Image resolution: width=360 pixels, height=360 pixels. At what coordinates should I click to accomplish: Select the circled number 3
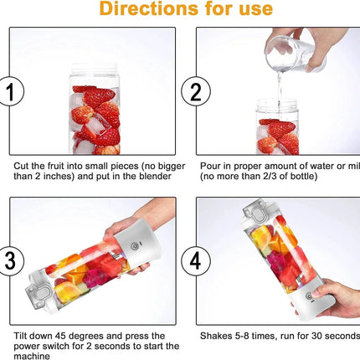pyautogui.click(x=10, y=260)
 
